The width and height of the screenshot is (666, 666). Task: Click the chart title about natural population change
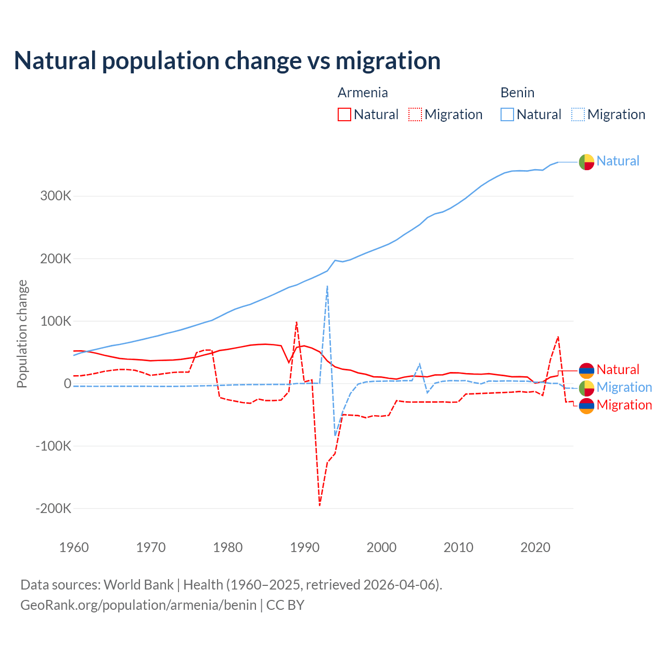pos(227,61)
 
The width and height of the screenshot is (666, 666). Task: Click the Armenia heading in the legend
pos(363,93)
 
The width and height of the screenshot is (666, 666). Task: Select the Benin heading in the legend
pos(517,93)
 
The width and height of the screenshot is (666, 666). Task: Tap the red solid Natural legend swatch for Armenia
pos(344,114)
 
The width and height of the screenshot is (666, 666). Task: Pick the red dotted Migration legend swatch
pos(415,114)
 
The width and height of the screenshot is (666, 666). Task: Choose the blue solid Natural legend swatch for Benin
pos(507,114)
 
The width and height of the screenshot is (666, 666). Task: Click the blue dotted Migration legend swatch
pos(578,114)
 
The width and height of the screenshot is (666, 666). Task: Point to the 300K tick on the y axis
pos(56,196)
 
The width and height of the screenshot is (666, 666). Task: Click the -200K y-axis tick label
pos(53,508)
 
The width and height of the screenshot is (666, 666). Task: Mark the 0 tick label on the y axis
pos(68,383)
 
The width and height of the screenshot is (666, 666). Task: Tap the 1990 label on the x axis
pos(304,547)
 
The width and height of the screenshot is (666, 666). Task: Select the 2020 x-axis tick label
pos(535,547)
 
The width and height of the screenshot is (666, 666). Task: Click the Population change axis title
pos(22,334)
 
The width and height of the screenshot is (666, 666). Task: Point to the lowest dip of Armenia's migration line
pos(319,505)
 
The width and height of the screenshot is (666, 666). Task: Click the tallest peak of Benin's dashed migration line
pos(327,286)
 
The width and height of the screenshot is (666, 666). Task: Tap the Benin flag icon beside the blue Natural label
pos(586,162)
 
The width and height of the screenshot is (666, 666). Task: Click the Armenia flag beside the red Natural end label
pos(586,370)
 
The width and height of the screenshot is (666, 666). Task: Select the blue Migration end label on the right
pos(624,387)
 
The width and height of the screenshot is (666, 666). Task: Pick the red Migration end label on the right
pos(624,405)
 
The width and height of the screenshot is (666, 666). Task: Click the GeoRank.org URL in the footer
pos(138,605)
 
